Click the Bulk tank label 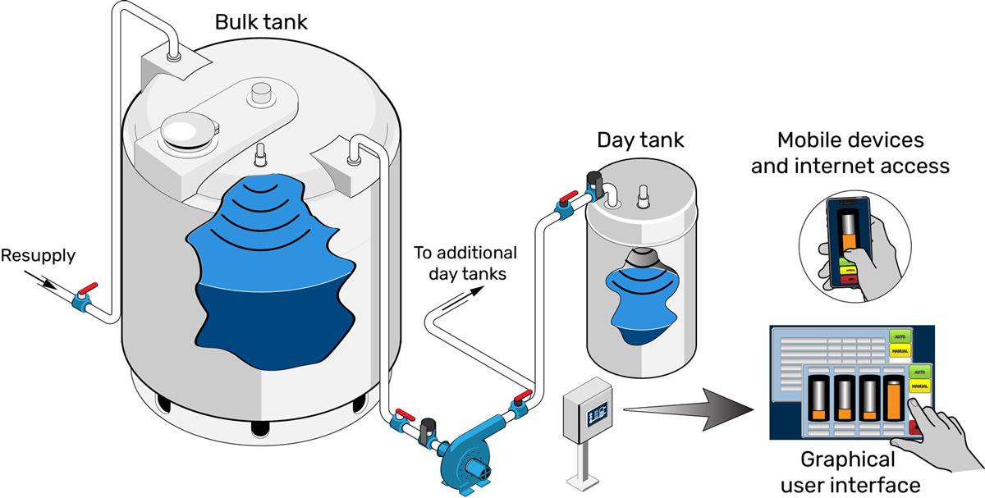261,22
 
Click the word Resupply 38,256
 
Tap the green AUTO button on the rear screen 900,336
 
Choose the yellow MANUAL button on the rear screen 900,352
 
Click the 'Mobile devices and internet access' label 862,153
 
